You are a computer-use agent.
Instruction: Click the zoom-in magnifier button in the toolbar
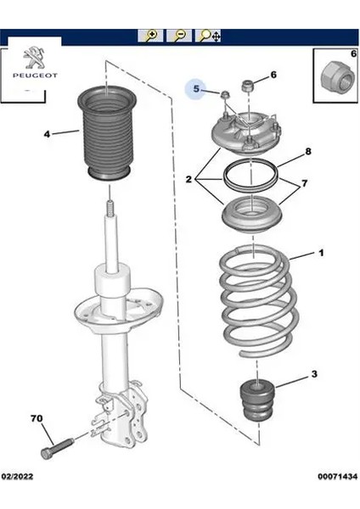coord(150,36)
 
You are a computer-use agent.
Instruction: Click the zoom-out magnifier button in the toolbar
coord(179,36)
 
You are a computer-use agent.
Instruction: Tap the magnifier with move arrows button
coord(208,36)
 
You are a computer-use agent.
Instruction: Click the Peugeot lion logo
coord(35,58)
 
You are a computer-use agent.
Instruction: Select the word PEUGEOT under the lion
coord(35,76)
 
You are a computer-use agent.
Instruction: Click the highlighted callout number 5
coord(196,88)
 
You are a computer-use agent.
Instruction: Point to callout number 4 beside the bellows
coord(47,134)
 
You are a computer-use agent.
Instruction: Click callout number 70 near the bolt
coord(37,418)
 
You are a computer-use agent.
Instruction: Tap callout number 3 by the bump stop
coord(314,374)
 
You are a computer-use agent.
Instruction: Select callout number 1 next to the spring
coord(321,253)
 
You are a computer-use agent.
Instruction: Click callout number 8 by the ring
coord(308,151)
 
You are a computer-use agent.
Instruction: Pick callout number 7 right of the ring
coord(305,183)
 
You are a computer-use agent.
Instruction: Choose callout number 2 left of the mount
coord(188,179)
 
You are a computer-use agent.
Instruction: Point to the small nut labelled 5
coord(224,95)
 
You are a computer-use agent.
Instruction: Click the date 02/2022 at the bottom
coord(17,477)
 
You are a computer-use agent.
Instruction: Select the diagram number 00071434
coord(338,477)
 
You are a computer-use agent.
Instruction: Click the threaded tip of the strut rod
coord(110,208)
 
